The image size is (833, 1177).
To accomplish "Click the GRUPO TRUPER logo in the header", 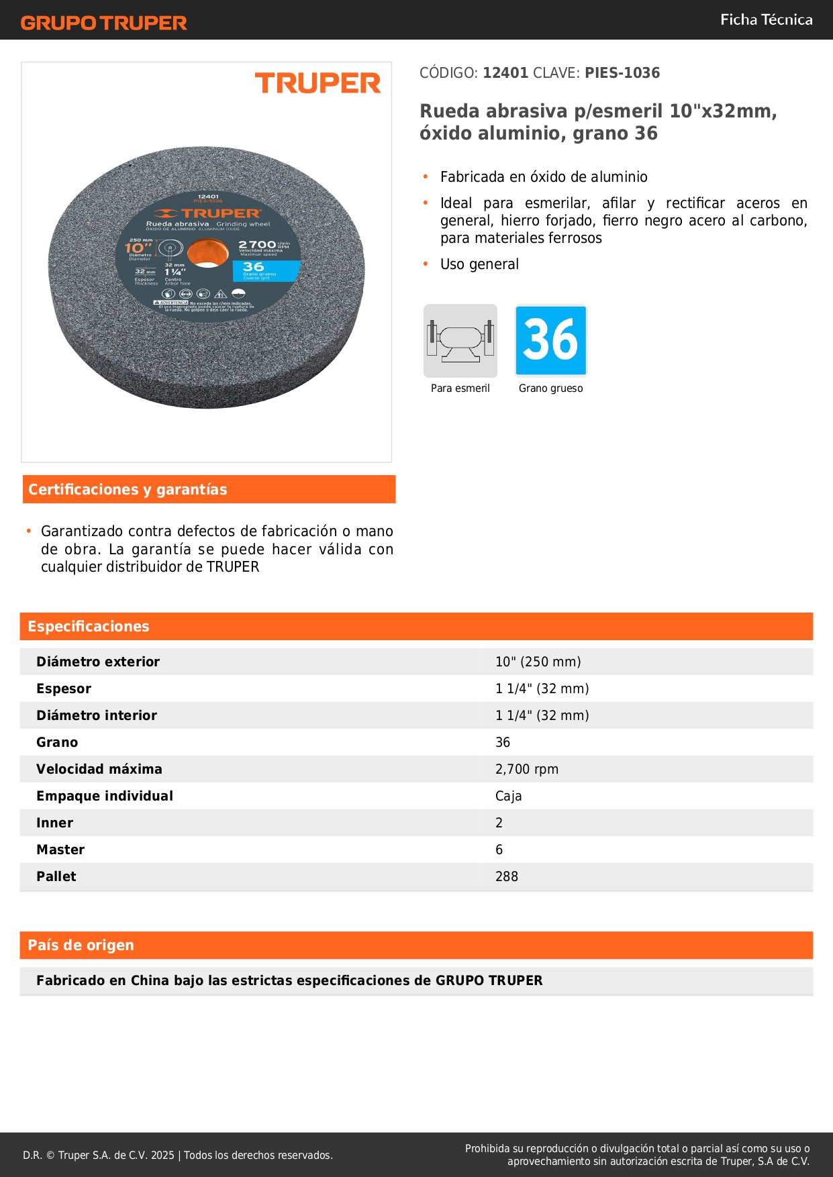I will coord(103,23).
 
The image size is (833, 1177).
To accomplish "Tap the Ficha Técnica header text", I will coord(766,20).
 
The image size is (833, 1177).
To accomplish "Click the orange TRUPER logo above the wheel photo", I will coord(317,83).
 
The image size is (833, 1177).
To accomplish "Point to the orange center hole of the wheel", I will coord(207,254).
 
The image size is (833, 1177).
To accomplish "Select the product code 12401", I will coord(505,73).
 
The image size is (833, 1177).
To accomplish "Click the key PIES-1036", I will coord(622,73).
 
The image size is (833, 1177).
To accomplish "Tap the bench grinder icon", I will coord(460,341).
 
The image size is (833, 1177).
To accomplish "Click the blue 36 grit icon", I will coord(550,341).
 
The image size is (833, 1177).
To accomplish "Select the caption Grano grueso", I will coord(550,389).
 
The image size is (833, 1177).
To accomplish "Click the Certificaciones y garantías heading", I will coord(128,490).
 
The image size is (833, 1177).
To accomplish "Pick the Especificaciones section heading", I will coord(89,627).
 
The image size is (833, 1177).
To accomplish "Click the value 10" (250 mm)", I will coord(538,662).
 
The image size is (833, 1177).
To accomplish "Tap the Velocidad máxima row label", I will coord(99,770).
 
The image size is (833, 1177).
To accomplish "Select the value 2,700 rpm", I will coord(527,770).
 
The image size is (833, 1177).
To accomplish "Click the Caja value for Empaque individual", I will coord(508,797).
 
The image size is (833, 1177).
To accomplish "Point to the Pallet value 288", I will coord(507,877).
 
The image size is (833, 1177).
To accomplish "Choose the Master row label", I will coord(60,850).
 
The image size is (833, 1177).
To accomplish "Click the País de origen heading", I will coord(81,945).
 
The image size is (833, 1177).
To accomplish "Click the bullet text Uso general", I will coord(479,264).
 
